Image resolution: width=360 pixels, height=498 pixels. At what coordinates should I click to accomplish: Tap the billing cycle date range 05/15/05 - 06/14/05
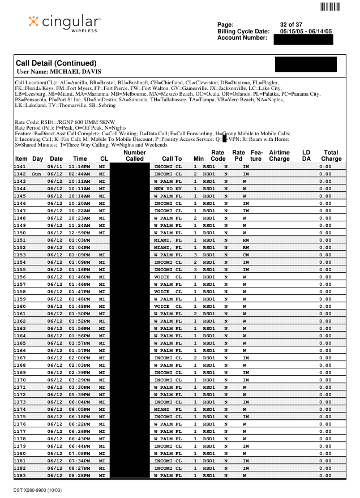[x=306, y=31]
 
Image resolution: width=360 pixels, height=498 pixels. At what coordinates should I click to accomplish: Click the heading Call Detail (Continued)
[x=55, y=63]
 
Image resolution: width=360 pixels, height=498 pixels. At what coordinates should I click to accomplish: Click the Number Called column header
[x=135, y=156]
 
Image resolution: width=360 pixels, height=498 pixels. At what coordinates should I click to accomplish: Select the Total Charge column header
[x=331, y=156]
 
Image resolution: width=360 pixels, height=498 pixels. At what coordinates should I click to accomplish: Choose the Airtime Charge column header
[x=279, y=156]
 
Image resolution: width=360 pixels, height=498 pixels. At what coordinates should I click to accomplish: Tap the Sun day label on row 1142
[x=37, y=174]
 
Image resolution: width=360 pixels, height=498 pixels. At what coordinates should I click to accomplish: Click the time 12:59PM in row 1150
[x=80, y=233]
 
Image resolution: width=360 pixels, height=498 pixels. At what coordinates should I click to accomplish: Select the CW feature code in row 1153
[x=246, y=255]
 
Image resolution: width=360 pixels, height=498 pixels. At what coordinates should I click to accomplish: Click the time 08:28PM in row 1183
[x=80, y=475]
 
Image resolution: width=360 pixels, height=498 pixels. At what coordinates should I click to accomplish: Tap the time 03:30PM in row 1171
[x=80, y=387]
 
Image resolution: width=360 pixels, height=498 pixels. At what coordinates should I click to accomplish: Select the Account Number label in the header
[x=242, y=37]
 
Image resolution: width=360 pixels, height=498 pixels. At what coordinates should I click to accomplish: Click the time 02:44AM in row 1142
[x=80, y=174]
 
